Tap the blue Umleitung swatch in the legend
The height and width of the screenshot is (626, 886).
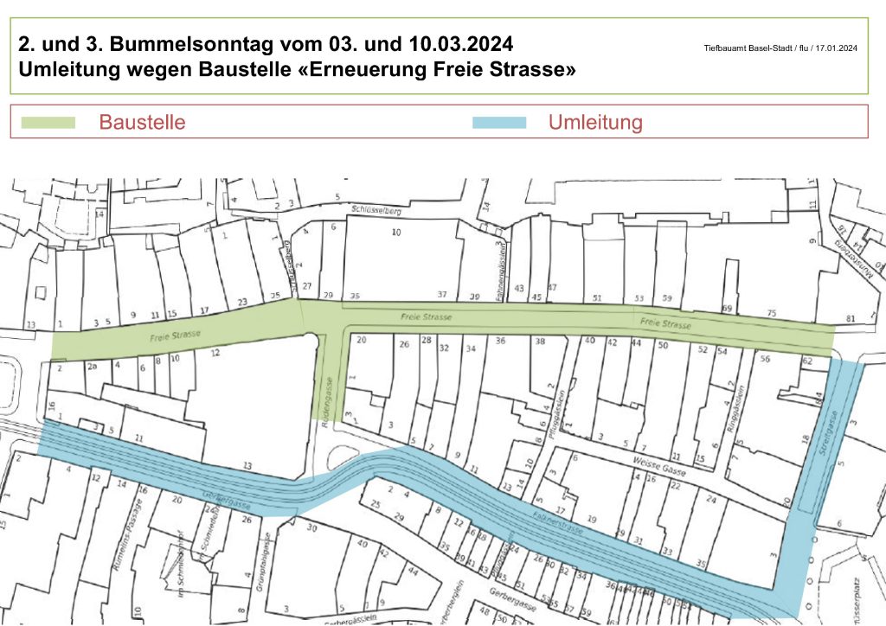pos(499,122)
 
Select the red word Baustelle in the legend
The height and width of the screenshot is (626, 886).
pos(142,122)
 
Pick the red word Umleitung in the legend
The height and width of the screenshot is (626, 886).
pos(595,122)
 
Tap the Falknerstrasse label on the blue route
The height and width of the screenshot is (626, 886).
pos(554,520)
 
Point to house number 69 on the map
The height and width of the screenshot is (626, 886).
pos(727,309)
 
